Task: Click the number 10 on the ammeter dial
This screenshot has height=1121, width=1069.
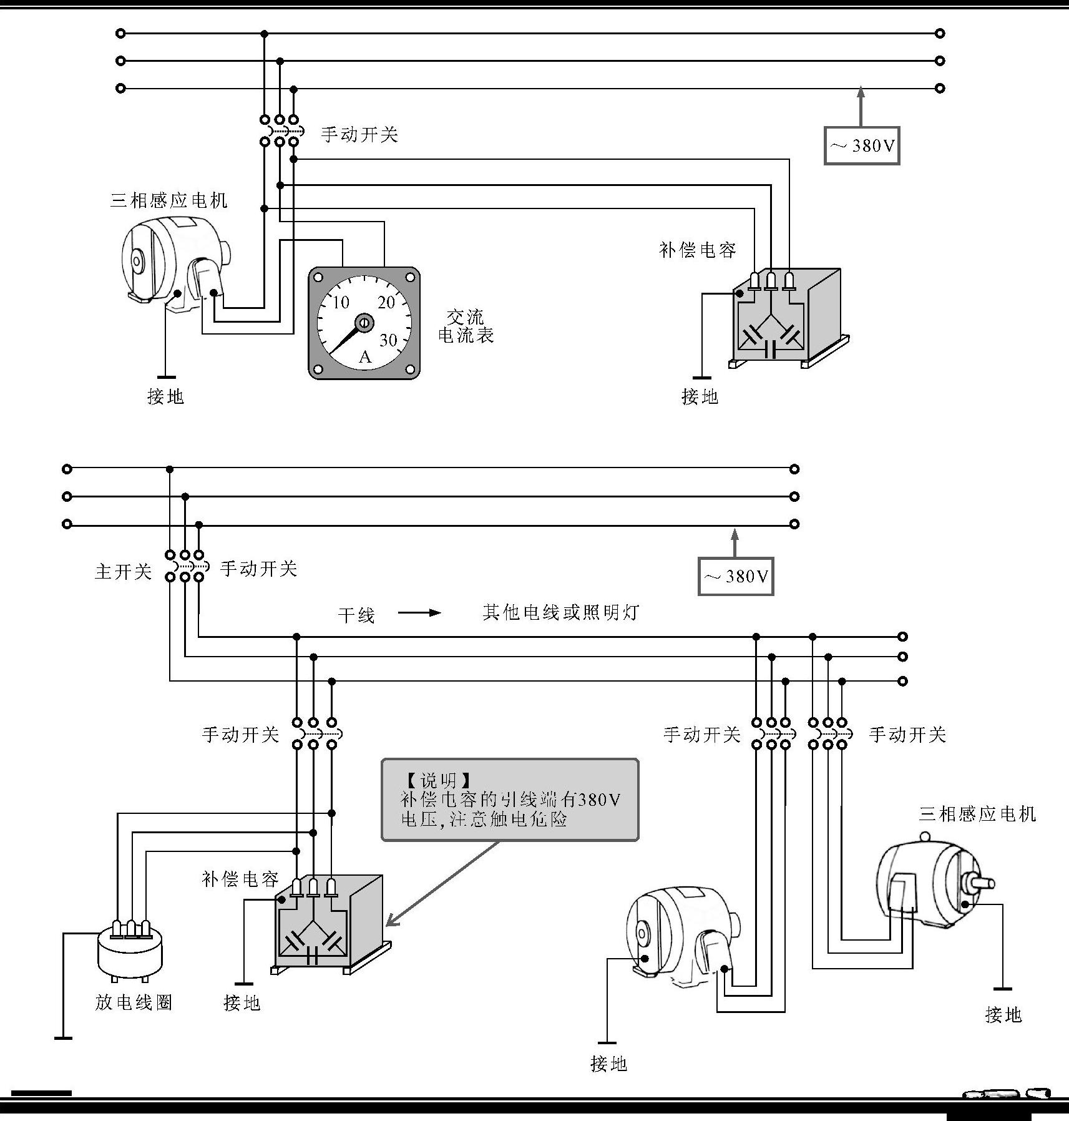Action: (x=340, y=303)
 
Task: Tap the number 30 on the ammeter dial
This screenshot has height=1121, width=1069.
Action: (x=388, y=340)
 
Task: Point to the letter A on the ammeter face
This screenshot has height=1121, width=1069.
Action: (x=365, y=357)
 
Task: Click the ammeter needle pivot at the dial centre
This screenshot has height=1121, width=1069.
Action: (x=364, y=323)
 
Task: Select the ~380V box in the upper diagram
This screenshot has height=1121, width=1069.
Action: (x=862, y=145)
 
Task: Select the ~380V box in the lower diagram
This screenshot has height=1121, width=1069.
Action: (x=736, y=576)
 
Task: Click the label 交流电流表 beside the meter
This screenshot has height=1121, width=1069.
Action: (x=466, y=326)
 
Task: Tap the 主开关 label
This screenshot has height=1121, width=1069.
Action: (x=123, y=571)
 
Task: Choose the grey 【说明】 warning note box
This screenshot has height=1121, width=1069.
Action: (x=510, y=800)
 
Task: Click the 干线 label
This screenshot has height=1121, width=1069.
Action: (x=356, y=615)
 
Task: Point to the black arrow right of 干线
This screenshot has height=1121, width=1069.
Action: (x=419, y=613)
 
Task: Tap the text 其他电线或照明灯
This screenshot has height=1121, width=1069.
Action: (x=560, y=612)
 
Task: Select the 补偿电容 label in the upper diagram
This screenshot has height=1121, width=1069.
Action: (x=697, y=250)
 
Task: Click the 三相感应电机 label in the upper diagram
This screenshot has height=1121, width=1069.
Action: (x=168, y=200)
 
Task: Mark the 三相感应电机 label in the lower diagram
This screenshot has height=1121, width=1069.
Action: (x=977, y=814)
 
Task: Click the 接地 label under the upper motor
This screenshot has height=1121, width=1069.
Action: (x=165, y=396)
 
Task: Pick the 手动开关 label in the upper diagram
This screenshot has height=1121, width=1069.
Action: (x=359, y=134)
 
